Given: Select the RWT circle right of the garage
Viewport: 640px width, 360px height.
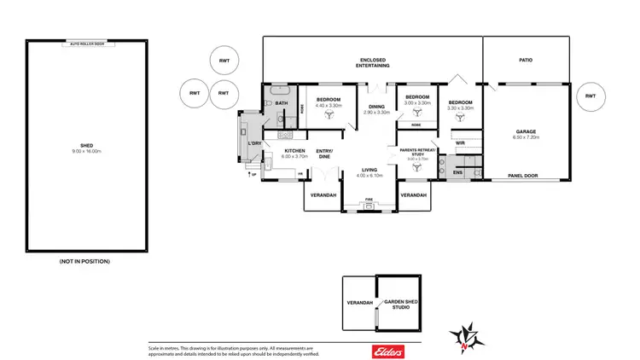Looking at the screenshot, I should (x=591, y=97).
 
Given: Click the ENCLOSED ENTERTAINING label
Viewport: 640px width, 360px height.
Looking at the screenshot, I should (x=373, y=62).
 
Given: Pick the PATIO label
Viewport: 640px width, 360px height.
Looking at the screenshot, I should (x=526, y=61).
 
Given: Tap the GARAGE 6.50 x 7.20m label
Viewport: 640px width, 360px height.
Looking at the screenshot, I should (x=525, y=134).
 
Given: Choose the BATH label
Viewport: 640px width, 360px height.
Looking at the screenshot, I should (x=281, y=103).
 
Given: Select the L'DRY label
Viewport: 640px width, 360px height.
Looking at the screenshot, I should (x=253, y=143).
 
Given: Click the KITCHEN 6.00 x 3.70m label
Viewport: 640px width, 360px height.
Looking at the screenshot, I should (x=294, y=154).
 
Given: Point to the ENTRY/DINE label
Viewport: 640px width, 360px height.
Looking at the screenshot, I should (x=325, y=154).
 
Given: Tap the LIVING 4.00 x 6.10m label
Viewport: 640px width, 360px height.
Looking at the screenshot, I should (x=369, y=172).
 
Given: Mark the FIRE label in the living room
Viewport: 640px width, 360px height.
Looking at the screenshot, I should (x=369, y=199).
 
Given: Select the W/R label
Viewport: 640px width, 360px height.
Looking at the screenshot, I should (x=459, y=143).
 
